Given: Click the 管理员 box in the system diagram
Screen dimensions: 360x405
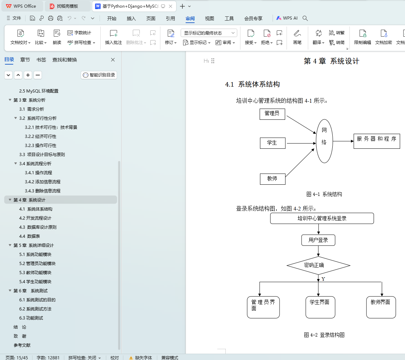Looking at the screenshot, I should click(272, 114).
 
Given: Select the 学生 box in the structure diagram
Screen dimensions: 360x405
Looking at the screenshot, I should click(272, 143).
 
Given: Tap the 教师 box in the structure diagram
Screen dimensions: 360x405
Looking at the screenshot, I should click(273, 179).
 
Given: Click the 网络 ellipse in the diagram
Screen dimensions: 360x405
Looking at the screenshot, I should click(324, 141).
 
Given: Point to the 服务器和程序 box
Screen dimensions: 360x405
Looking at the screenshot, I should click(377, 141).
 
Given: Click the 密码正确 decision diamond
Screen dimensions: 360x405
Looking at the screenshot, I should click(318, 265).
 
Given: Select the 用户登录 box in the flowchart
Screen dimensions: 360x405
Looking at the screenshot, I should click(318, 240).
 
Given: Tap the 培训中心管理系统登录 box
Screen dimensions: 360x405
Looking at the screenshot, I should click(322, 219).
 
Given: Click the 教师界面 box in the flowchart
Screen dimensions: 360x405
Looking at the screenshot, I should click(381, 307).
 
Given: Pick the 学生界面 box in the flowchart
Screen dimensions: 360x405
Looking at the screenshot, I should click(320, 307).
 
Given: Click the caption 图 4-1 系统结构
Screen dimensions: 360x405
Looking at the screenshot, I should click(324, 194).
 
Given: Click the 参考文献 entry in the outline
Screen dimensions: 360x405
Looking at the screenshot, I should click(22, 345).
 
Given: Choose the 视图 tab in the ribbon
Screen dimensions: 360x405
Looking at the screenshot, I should click(209, 19).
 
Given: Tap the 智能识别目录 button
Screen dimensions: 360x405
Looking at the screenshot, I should click(99, 75).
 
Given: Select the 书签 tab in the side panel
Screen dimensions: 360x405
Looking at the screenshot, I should click(41, 60).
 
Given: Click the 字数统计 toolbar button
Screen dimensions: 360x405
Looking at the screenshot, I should click(79, 33).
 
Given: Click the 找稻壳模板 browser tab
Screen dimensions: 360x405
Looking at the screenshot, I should click(67, 6).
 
